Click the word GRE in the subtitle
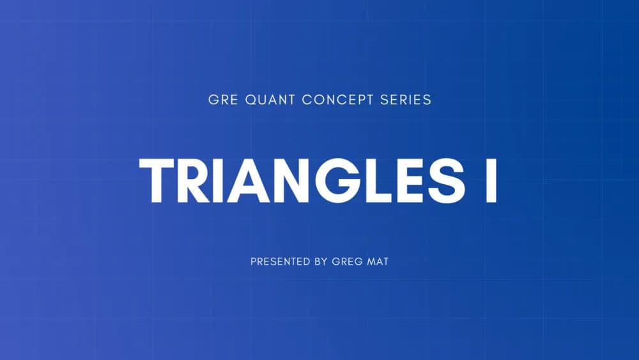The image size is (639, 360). click(222, 100)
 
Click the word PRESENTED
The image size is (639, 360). click(277, 262)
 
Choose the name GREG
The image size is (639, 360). click(348, 262)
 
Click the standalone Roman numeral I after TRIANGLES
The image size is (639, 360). click(491, 180)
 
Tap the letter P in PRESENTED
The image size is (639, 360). click(254, 262)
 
